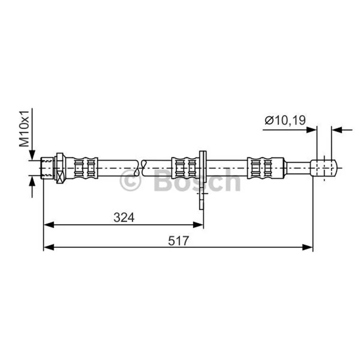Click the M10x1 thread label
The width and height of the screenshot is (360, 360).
[x=24, y=128]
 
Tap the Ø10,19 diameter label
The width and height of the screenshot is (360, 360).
[x=285, y=120]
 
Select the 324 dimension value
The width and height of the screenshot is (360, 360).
[x=124, y=217]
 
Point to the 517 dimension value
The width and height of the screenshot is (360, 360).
[x=178, y=241]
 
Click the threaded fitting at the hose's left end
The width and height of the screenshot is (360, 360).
[x=47, y=168]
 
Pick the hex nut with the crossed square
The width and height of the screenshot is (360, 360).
[x=60, y=168]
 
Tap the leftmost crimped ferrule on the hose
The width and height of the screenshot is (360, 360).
[x=85, y=168]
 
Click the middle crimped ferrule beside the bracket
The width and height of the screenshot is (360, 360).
[x=185, y=168]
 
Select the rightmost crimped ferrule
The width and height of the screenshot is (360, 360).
[x=265, y=168]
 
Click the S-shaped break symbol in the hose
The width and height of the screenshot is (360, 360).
[x=140, y=168]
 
